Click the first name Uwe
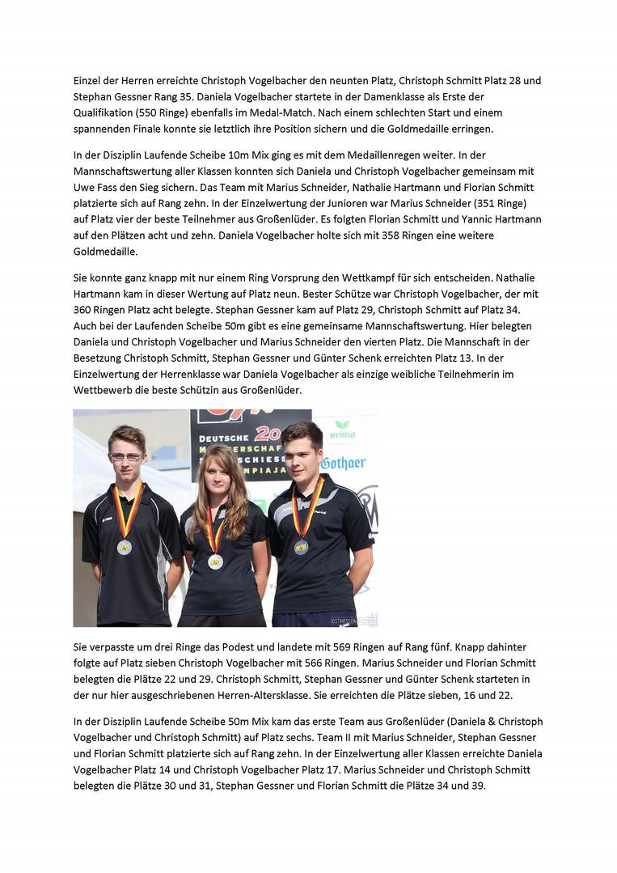83,187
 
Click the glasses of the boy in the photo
125,456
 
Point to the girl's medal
215,561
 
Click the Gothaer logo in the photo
342,464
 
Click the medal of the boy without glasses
301,546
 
